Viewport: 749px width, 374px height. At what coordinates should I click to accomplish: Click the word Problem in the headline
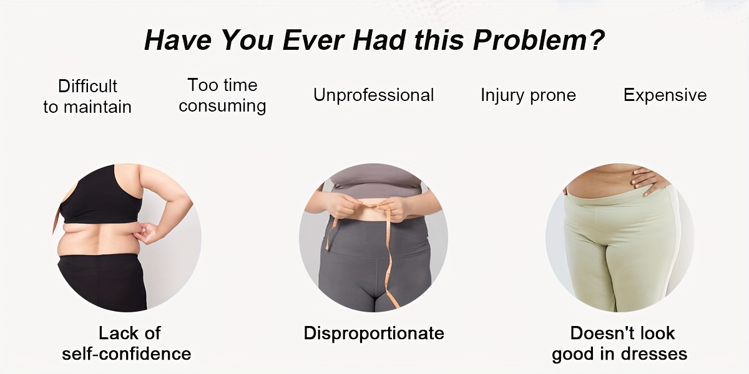click(528, 41)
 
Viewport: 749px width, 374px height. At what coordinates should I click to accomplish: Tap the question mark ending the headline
click(595, 40)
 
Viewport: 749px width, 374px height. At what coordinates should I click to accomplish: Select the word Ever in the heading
click(313, 41)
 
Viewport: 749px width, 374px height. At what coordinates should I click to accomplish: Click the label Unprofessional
click(373, 95)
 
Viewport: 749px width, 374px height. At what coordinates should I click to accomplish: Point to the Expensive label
click(665, 95)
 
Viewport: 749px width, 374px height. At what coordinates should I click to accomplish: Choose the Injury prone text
click(528, 96)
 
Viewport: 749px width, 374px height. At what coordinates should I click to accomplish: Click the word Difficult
click(87, 86)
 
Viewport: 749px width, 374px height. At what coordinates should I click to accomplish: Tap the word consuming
click(222, 107)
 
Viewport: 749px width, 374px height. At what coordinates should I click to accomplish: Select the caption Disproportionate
click(374, 333)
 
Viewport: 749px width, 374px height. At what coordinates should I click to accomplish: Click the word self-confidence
click(126, 354)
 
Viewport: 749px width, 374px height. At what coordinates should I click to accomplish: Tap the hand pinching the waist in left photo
click(147, 234)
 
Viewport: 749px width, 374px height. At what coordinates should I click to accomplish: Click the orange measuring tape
click(388, 254)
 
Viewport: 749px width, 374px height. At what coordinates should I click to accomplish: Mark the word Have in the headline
click(178, 41)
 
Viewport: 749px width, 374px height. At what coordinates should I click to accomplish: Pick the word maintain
click(97, 107)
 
